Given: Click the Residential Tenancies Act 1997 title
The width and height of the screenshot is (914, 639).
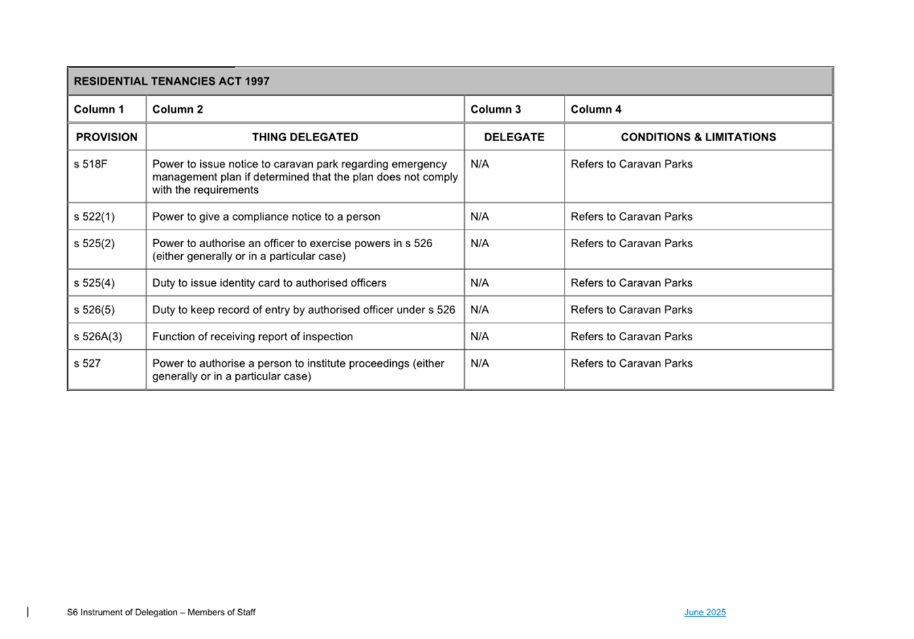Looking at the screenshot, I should [x=172, y=81].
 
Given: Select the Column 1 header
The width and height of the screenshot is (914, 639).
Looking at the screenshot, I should [x=99, y=109].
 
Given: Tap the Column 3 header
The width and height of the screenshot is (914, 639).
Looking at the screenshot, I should [x=495, y=109].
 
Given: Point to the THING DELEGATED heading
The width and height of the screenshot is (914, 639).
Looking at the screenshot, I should [x=305, y=137].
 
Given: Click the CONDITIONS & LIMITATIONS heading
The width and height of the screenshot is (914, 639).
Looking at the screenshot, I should [x=698, y=137].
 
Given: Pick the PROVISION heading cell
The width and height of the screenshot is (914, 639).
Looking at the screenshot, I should [x=107, y=137].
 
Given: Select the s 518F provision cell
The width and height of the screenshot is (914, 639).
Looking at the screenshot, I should [x=90, y=164].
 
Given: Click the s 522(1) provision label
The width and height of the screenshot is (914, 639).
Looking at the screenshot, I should [x=94, y=217].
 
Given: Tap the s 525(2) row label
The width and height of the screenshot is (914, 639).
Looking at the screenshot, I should [x=94, y=243].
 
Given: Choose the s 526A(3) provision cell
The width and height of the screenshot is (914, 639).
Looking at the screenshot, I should [x=98, y=337].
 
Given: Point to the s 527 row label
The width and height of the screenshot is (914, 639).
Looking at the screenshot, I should [x=87, y=363].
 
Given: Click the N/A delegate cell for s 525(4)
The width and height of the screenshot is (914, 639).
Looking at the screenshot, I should [x=479, y=283].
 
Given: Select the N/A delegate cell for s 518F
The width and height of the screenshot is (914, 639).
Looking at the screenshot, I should [x=479, y=164].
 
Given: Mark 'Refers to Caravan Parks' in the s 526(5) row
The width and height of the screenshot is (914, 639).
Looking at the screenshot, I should [x=631, y=310].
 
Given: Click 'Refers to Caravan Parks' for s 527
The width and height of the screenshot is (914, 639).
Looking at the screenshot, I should [x=631, y=363].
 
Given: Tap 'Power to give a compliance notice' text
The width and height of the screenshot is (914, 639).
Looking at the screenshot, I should [x=266, y=217].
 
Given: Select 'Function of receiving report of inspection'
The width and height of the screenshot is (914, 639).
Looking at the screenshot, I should [x=252, y=337].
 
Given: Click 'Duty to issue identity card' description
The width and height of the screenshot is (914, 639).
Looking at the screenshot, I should [x=269, y=283].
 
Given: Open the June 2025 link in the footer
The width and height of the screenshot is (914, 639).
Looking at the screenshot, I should [x=704, y=613].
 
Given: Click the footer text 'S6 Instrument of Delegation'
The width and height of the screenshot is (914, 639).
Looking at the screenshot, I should [x=161, y=613].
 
